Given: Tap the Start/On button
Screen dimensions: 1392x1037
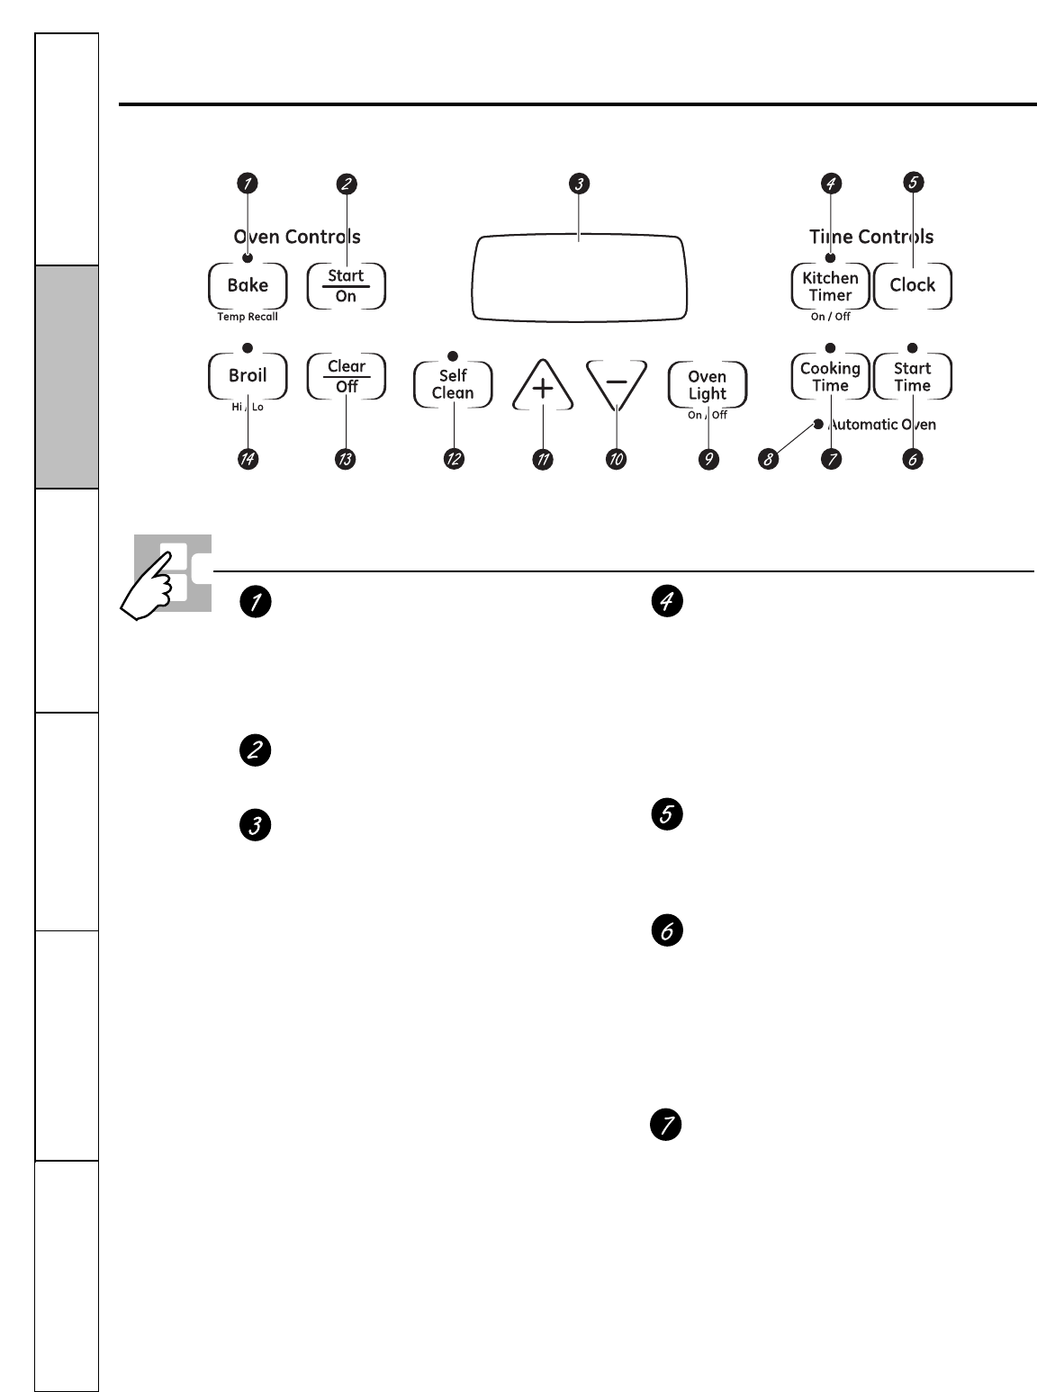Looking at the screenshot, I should click(347, 286).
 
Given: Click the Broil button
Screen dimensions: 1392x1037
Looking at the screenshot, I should click(248, 376).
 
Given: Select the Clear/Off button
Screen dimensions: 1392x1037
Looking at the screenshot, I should click(347, 376).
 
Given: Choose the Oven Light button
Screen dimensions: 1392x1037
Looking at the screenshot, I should click(708, 385).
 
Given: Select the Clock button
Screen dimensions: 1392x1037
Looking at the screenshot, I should click(913, 286).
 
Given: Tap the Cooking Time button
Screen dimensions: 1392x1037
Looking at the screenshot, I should click(830, 376).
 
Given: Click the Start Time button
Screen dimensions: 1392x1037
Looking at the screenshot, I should click(912, 376).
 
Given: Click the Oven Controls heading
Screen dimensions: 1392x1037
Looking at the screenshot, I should click(297, 237).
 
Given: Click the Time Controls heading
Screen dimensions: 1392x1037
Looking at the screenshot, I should click(870, 237).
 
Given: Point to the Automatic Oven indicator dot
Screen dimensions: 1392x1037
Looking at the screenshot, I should click(818, 424).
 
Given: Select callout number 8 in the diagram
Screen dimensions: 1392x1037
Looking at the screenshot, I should click(768, 459).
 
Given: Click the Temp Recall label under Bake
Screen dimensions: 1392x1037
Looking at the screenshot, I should click(248, 317).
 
